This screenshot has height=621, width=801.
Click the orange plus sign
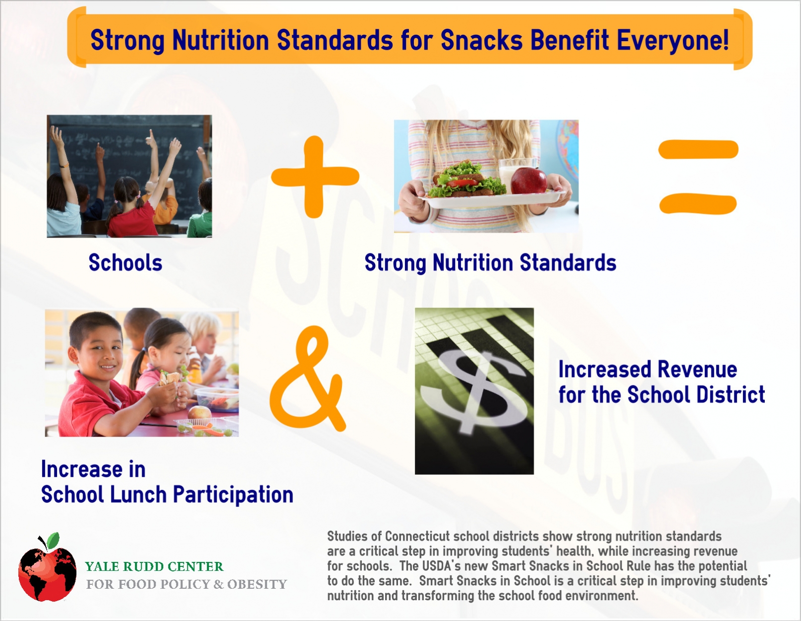click(x=315, y=177)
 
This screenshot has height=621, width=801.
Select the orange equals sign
click(x=698, y=177)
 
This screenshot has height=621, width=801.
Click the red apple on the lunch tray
click(x=529, y=181)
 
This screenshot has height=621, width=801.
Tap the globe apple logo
click(x=47, y=567)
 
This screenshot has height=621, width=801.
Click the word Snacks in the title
click(x=481, y=40)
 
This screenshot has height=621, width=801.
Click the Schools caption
click(x=125, y=262)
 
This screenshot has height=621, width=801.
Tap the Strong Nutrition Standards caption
click(x=490, y=263)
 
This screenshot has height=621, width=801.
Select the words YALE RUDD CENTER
click(x=154, y=566)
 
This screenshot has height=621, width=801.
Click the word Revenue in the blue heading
click(x=697, y=370)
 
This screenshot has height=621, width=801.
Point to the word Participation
click(x=233, y=495)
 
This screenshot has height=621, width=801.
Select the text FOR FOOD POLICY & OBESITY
click(x=186, y=584)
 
